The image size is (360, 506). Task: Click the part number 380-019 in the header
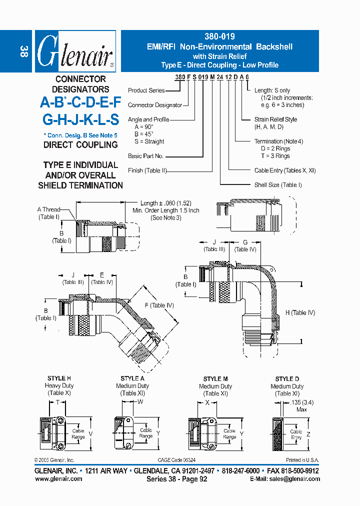[219, 36]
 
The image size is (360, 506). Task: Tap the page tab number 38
[23, 50]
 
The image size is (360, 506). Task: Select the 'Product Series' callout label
[146, 90]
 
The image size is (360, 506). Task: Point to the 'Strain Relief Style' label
[275, 119]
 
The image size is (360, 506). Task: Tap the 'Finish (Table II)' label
[147, 170]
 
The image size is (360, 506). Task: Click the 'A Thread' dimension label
[48, 209]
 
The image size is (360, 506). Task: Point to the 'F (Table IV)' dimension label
[159, 305]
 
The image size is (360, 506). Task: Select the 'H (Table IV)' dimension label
[300, 313]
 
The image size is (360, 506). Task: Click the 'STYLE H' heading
[59, 378]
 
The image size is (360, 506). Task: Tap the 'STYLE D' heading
[287, 379]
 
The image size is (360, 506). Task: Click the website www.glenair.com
[58, 478]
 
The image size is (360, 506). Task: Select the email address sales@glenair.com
[292, 478]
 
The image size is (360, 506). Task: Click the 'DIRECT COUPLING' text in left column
[80, 145]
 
